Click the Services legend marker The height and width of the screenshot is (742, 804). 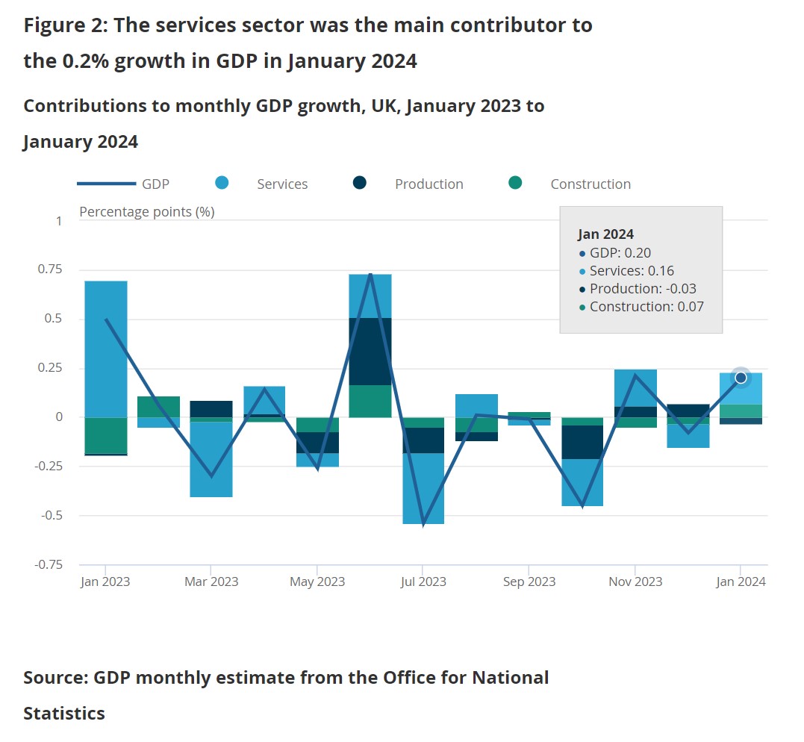222,183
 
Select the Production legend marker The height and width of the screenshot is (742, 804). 360,183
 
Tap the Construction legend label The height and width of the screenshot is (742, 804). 590,184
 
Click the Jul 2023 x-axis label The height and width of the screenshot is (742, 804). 423,582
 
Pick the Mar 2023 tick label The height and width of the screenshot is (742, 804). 211,582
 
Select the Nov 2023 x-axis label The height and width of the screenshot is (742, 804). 635,582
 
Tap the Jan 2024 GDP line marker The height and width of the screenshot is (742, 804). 741,378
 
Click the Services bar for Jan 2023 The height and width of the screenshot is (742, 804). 105,349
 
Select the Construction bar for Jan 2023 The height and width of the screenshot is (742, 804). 105,434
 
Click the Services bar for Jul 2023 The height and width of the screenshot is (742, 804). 423,488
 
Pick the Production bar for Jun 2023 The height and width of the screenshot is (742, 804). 370,351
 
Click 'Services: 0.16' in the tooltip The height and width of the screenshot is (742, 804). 632,271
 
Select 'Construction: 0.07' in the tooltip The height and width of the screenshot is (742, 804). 646,307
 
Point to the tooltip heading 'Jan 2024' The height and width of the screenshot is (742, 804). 605,234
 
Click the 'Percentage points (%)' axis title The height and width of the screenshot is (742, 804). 147,212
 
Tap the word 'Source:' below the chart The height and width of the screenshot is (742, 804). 56,678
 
